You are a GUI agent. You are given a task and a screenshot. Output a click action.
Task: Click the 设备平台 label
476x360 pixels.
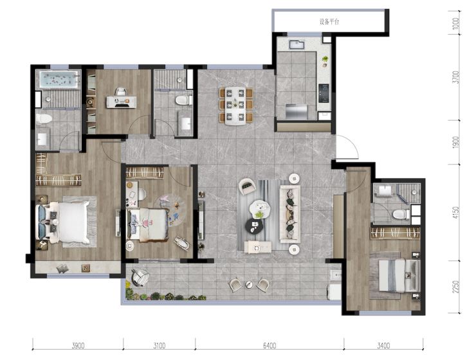coord(329,22)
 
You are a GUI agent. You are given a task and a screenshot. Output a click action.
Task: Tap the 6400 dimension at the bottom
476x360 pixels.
coord(270,345)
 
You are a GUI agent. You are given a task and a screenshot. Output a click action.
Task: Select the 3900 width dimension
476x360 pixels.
coord(78,345)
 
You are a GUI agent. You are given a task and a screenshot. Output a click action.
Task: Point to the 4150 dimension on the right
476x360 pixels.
coord(455,213)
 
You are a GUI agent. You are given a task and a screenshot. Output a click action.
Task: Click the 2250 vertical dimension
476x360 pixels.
coord(455,287)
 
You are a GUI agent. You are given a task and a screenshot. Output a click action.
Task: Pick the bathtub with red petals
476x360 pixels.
coord(59,80)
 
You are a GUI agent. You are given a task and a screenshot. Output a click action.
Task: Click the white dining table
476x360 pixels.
coord(235,106)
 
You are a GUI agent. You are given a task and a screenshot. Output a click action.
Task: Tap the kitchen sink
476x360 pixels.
coord(297,44)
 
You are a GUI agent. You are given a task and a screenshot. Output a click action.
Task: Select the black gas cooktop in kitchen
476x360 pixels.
coord(324,93)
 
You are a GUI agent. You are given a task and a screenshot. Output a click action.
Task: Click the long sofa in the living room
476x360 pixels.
coord(290,214)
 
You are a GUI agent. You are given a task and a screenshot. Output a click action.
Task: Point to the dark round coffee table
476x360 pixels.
coord(254,226)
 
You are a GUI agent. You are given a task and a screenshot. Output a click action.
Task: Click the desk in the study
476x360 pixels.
coord(121,102)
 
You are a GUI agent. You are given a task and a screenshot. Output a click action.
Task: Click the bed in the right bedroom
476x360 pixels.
coord(399,275)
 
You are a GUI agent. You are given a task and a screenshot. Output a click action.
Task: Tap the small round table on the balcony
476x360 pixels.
coord(249,284)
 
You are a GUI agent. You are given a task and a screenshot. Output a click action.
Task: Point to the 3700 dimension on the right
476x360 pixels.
coord(455,77)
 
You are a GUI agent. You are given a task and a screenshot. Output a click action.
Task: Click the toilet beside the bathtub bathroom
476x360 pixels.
coord(43,118)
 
